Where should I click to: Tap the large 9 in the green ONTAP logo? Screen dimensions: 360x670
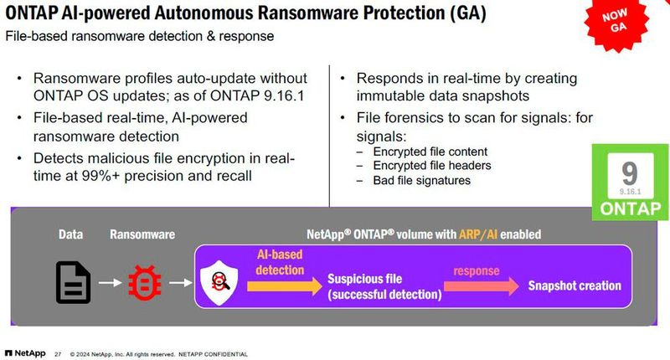tap(630, 173)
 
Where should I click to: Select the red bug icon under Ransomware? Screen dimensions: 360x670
tap(144, 282)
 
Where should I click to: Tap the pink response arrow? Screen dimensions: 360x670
tap(478, 285)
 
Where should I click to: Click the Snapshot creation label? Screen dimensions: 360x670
tap(575, 285)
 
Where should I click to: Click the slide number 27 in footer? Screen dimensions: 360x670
tap(58, 353)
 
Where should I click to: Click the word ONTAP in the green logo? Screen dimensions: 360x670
tap(630, 208)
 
